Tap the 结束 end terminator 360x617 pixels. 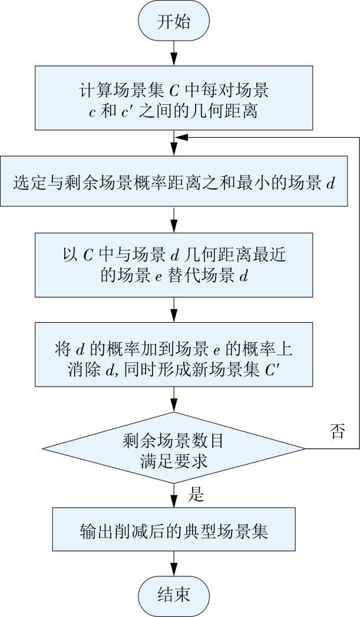[x=174, y=593]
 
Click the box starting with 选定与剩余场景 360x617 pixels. [x=174, y=182]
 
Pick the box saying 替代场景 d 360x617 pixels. [x=174, y=265]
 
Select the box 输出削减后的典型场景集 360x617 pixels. [x=174, y=531]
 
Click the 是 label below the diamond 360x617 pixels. [x=196, y=495]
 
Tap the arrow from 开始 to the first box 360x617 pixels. [x=174, y=54]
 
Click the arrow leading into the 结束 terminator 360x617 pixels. [x=174, y=563]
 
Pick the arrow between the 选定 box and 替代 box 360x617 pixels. [x=174, y=219]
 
